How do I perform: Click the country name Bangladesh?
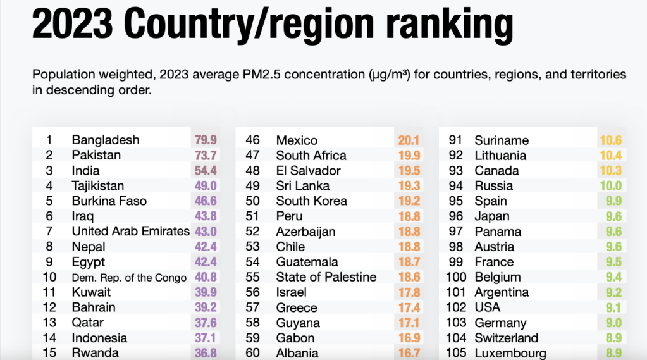coord(106,140)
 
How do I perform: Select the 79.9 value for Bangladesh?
coord(206,140)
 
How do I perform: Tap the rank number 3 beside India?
coord(49,170)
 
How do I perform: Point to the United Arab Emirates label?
coord(131,232)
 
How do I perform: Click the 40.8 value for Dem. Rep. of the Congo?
coord(206,277)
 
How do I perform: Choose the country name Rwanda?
coord(95,353)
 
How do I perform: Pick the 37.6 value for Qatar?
coord(206,323)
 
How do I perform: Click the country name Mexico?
coord(297,140)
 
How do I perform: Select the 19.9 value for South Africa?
coord(409,156)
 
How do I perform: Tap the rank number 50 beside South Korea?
coord(252,201)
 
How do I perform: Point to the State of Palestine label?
coord(326,277)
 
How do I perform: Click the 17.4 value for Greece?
coord(409,307)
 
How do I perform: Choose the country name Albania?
coord(297,353)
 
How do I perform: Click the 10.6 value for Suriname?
coord(610,140)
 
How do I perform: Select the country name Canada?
coord(496,171)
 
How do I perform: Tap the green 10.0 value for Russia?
coord(610,186)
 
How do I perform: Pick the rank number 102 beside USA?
coord(456,307)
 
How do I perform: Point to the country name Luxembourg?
coord(510,353)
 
